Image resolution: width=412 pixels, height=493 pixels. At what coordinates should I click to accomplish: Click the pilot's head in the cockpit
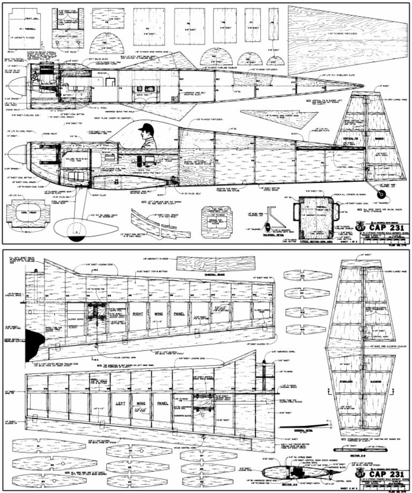click(145, 129)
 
